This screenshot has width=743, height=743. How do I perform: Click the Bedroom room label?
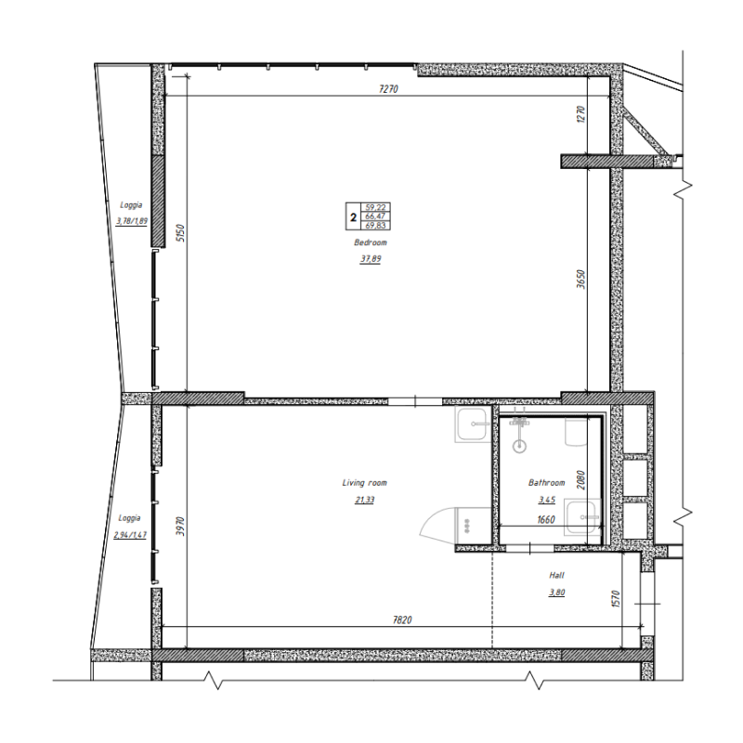[x=370, y=242]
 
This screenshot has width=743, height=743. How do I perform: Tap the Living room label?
[x=364, y=483]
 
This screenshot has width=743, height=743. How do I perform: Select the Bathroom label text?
[x=546, y=483]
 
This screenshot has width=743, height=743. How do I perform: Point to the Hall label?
[x=556, y=575]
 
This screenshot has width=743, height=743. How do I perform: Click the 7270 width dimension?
[x=388, y=88]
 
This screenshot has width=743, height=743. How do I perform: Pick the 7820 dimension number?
[x=402, y=619]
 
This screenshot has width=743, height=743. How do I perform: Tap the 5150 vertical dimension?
[x=180, y=233]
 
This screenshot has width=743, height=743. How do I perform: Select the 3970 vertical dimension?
[x=180, y=526]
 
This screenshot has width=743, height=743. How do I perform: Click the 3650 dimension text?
[x=581, y=280]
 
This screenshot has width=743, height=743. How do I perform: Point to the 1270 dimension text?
[x=581, y=114]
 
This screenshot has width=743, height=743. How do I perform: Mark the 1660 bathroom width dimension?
[x=546, y=520]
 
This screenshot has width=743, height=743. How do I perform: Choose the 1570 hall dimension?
[x=616, y=599]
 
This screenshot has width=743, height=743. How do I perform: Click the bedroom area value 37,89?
[x=370, y=259]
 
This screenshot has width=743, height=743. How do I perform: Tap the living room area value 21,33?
[x=364, y=500]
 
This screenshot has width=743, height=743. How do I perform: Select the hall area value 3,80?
[x=556, y=593]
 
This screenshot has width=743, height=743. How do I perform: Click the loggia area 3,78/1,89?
[x=131, y=221]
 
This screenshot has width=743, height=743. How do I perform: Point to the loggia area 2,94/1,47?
[x=130, y=535]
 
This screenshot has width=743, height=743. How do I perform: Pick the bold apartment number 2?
[x=353, y=218]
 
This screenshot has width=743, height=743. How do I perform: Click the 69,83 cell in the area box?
[x=375, y=226]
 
